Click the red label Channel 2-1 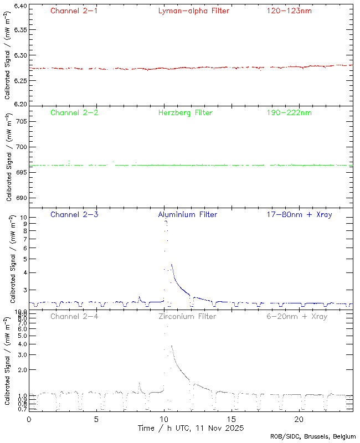point(74,11)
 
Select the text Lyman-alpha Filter point(193,11)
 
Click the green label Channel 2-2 point(74,112)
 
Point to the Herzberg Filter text point(186,112)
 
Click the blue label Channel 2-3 point(74,214)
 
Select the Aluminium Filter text point(188,214)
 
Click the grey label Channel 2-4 point(74,316)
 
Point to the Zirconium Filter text point(188,316)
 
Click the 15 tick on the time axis point(232,419)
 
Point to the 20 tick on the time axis point(299,419)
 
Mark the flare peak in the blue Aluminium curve point(166,220)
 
